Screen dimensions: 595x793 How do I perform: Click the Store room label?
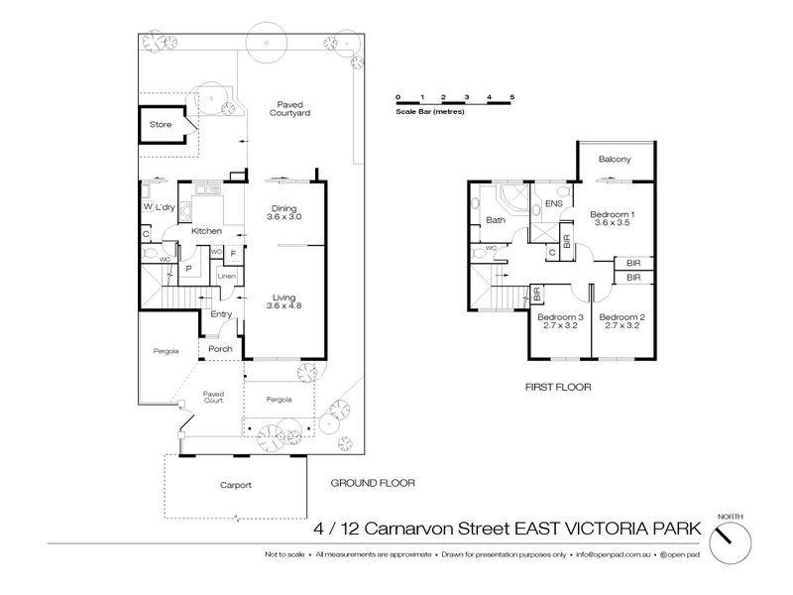[x=161, y=126]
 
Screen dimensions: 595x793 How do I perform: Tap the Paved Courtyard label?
[x=290, y=109]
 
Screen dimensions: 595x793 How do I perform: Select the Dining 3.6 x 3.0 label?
[x=283, y=211]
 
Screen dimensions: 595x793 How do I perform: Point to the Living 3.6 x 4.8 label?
[x=283, y=300]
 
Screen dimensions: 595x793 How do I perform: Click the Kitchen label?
[x=206, y=231]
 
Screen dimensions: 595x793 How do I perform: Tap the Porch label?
[x=220, y=349]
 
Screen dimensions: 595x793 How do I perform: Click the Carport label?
[x=236, y=486]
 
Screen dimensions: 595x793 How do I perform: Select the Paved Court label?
[x=213, y=397]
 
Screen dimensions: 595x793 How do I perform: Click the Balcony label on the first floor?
[x=616, y=160]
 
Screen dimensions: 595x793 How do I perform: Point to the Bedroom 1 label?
[x=612, y=219]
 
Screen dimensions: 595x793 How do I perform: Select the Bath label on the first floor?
[x=497, y=221]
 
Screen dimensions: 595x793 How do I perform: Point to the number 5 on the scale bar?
[x=512, y=95]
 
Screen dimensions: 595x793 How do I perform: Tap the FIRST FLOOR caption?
[x=558, y=387]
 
